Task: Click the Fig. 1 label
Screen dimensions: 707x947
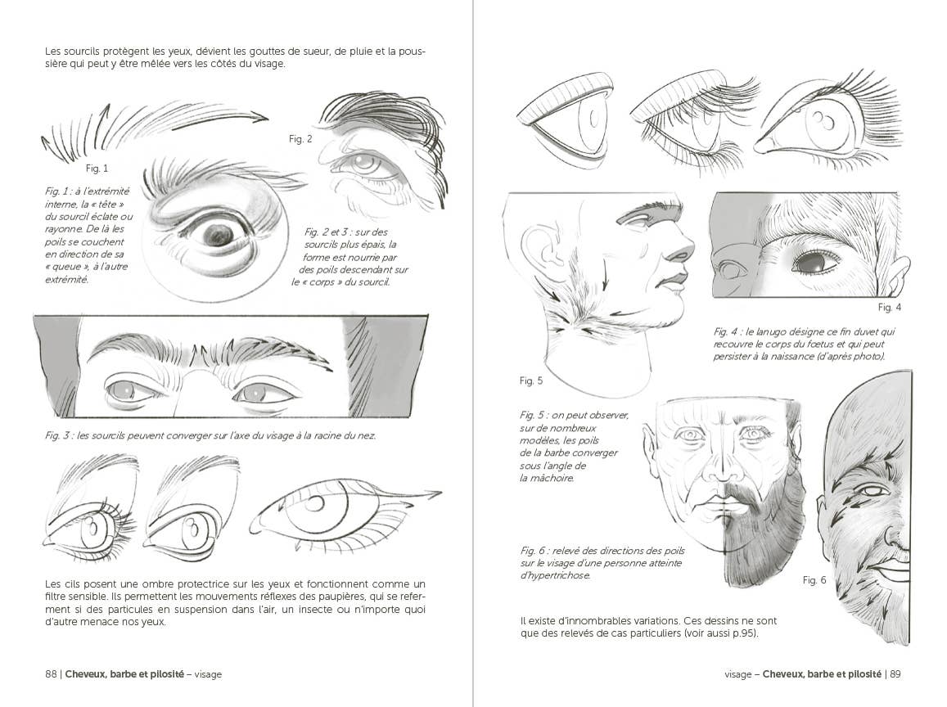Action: pyautogui.click(x=97, y=169)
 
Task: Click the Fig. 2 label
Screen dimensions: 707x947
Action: pyautogui.click(x=300, y=139)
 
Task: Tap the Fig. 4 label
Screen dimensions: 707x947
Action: pyautogui.click(x=889, y=308)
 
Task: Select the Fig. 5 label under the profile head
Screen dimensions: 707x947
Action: pyautogui.click(x=531, y=381)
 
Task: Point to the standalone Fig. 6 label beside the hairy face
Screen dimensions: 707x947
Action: pyautogui.click(x=814, y=580)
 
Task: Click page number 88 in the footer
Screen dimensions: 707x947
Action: pyautogui.click(x=51, y=674)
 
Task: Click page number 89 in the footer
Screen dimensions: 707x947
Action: pyautogui.click(x=895, y=674)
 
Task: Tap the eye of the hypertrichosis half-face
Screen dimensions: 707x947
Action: pyautogui.click(x=873, y=491)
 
